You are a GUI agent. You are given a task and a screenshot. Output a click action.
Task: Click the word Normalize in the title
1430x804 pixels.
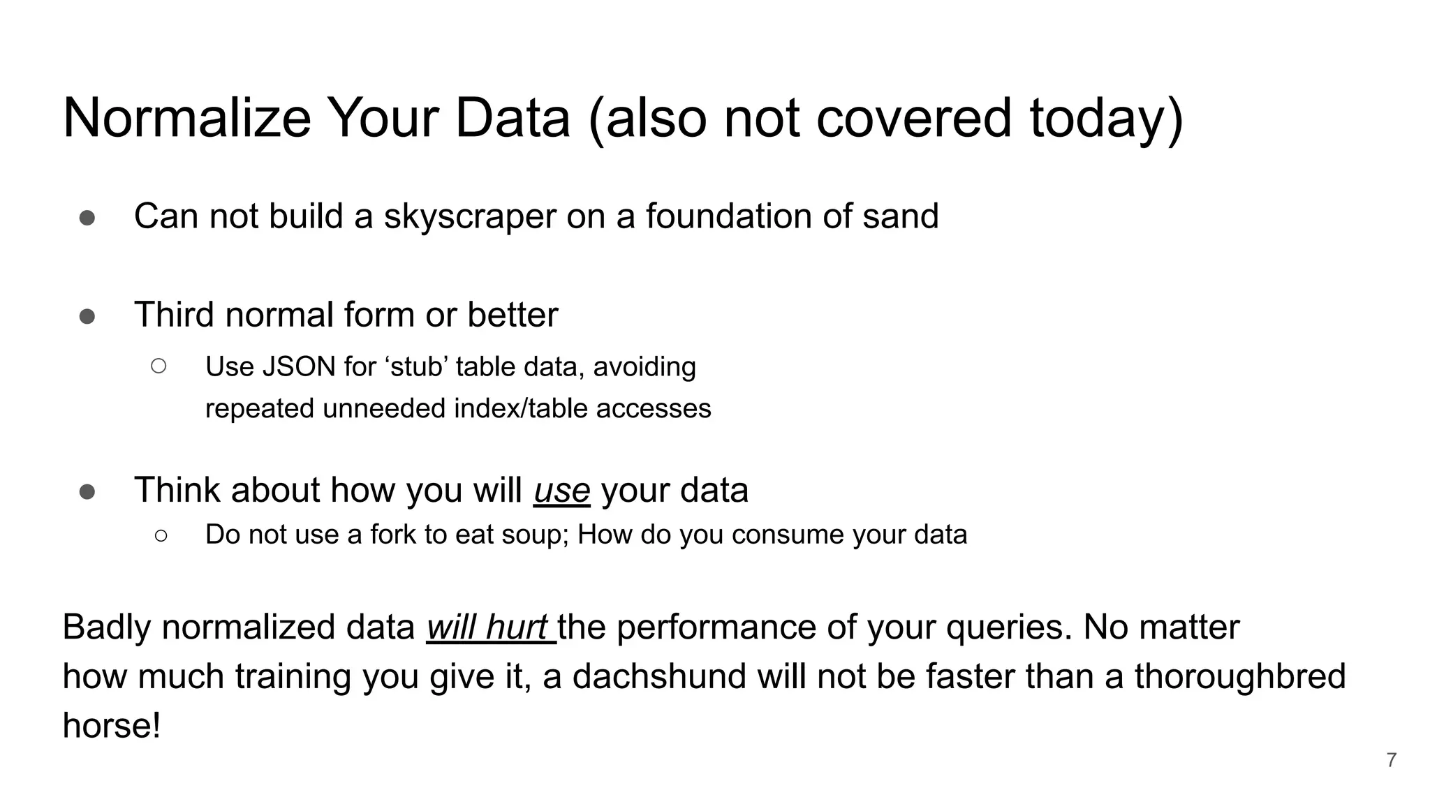coord(186,119)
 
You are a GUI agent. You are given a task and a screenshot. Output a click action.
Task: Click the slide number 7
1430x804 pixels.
coord(1391,760)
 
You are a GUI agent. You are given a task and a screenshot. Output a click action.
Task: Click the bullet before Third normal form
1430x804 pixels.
coord(87,317)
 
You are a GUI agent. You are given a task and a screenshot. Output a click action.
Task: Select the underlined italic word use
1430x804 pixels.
coord(561,490)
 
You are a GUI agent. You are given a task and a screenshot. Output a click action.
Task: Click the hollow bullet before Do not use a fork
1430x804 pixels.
coord(161,535)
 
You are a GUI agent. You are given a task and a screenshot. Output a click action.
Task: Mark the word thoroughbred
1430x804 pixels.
coord(1239,677)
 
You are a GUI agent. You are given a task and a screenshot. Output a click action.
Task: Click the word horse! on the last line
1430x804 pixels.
coord(112,726)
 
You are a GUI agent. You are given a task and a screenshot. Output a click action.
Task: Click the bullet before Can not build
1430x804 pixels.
coord(87,218)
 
